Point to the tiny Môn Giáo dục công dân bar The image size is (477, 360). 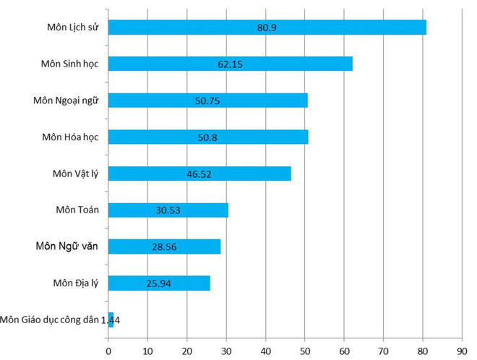point(111,320)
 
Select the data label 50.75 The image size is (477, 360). point(207,100)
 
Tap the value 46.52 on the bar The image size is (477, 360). point(199,173)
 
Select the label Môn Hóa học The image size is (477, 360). point(71,137)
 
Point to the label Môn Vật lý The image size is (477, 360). point(75,173)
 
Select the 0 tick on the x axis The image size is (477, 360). point(108,351)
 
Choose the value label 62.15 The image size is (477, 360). point(229,64)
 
